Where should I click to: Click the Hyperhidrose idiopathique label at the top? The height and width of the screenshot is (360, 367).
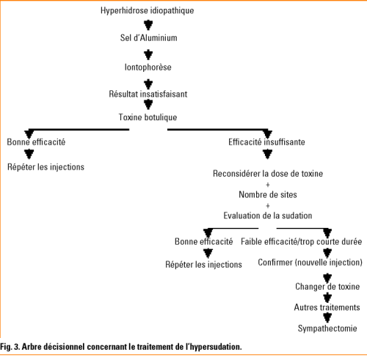point(147,11)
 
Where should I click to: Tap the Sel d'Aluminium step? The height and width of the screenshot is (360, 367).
point(148,38)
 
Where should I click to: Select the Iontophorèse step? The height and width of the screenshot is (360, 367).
point(148,67)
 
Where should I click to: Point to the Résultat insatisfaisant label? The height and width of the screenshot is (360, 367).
point(148,94)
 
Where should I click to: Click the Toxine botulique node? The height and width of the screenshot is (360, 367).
point(148,117)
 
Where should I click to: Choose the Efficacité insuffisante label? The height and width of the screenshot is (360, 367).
point(266,142)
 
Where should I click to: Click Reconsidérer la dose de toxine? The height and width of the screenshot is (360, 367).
point(268,174)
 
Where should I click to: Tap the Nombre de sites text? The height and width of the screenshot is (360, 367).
point(268,195)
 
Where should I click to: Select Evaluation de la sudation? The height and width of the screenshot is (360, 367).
point(268,216)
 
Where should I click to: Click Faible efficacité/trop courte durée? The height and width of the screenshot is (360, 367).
point(302,242)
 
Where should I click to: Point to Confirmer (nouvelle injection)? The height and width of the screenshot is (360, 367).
point(310,262)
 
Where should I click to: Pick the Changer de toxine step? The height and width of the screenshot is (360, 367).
point(327,287)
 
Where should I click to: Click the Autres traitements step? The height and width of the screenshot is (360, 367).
point(327,307)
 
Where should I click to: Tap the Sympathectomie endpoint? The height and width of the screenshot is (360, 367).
point(327,328)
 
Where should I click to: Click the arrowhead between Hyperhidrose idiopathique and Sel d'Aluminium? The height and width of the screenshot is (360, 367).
point(148,25)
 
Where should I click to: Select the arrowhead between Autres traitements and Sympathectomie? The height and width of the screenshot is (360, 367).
point(327,317)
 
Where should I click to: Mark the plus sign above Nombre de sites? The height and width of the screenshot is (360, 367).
point(268,185)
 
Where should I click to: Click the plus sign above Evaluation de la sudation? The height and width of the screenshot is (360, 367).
point(268,206)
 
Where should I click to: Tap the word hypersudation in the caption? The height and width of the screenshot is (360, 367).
point(214,347)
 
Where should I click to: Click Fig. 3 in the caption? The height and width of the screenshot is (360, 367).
point(10,347)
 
